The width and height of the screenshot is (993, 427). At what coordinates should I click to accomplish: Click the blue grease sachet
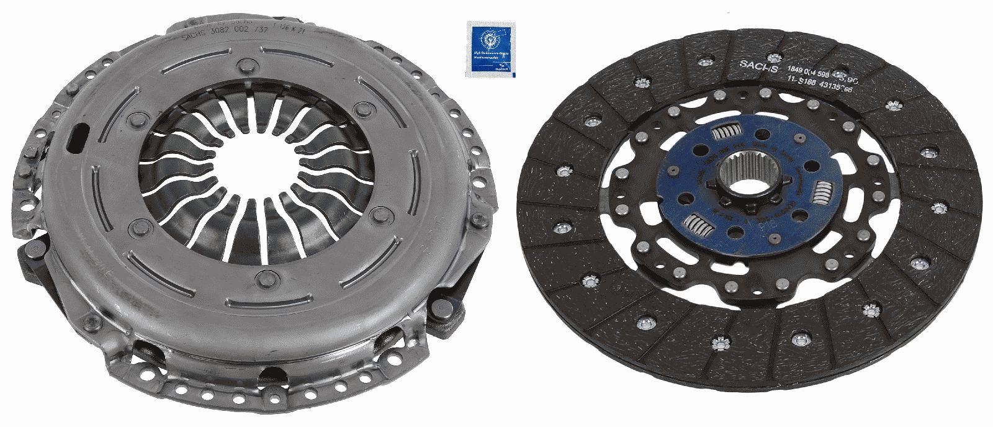point(490,50)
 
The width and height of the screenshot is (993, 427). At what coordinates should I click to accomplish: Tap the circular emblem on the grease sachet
point(490,40)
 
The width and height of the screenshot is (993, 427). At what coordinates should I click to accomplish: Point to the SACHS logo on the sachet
point(502,70)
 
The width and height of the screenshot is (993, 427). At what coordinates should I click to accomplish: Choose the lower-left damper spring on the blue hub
point(699,224)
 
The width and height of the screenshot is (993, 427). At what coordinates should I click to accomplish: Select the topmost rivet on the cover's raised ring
point(248,64)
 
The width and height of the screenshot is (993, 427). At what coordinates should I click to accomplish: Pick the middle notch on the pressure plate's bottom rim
point(271,375)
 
